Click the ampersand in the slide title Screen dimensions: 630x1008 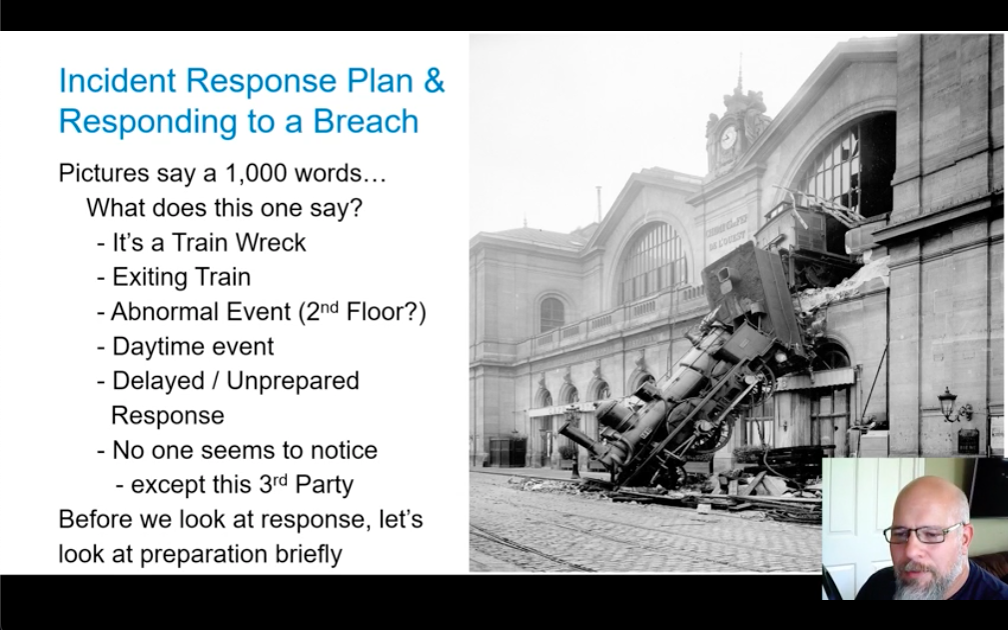(x=434, y=80)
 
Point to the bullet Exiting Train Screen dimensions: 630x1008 (x=181, y=277)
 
